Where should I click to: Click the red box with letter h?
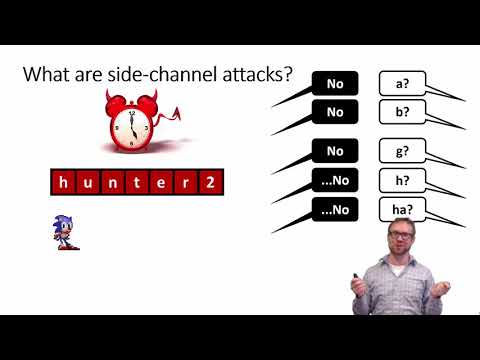click(63, 183)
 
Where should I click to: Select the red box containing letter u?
click(88, 183)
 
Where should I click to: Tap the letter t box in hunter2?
click(139, 183)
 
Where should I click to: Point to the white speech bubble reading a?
click(402, 83)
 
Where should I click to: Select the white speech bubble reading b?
click(402, 112)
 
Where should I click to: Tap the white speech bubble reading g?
click(402, 152)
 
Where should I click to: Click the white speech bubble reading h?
click(402, 181)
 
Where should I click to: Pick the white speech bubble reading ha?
click(402, 210)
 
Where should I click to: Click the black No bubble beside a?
click(335, 83)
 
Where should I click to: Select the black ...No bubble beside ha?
click(335, 210)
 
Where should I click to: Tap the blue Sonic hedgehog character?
click(66, 231)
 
